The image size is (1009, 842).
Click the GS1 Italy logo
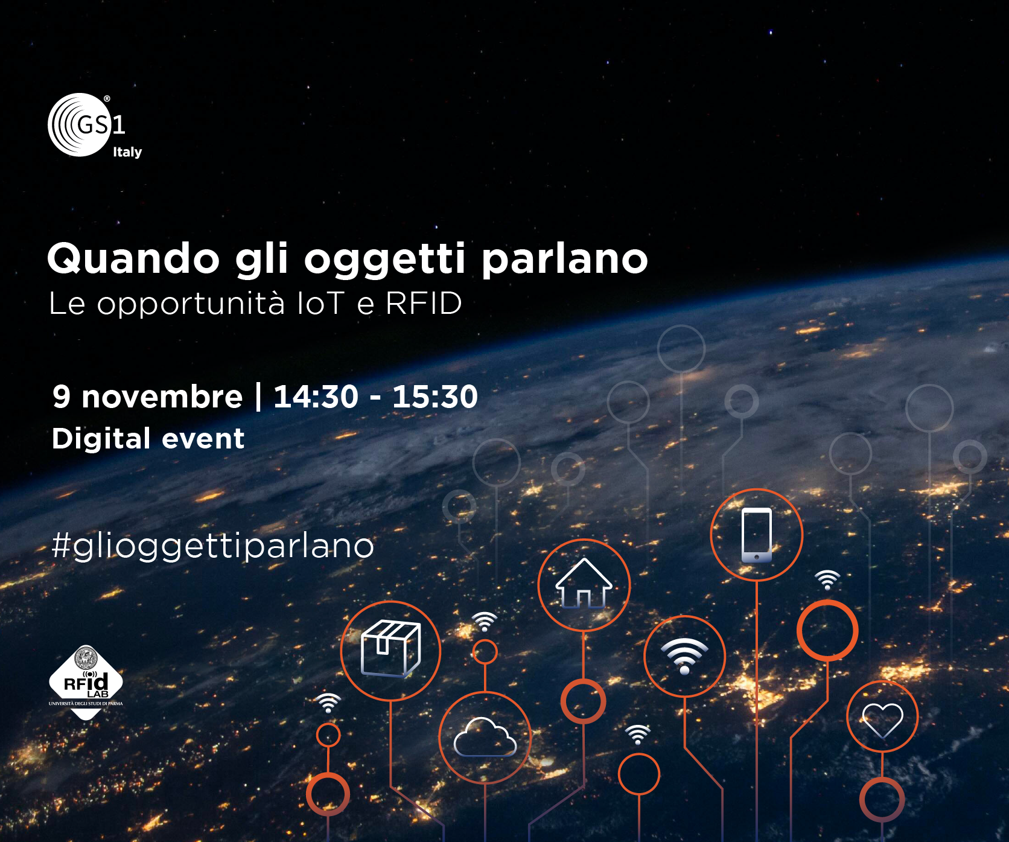(95, 126)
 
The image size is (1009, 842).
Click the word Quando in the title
(134, 259)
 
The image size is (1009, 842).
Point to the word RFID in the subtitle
(424, 303)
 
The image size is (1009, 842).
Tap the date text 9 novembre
(147, 397)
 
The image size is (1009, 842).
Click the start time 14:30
(316, 397)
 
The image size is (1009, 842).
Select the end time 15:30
(435, 397)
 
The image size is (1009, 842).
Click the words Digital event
(148, 439)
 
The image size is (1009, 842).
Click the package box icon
(390, 648)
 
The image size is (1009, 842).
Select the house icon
(584, 583)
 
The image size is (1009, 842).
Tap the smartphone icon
(757, 535)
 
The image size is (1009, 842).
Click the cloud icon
(485, 738)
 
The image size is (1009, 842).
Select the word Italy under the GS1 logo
(127, 152)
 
